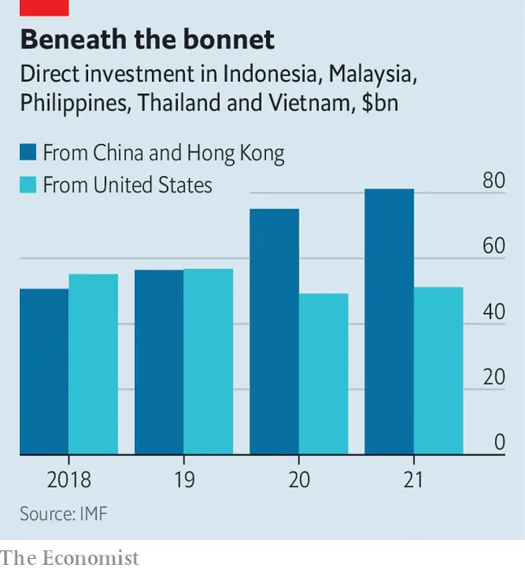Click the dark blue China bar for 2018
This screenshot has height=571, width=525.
point(44,372)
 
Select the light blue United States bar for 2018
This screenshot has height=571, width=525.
point(93,365)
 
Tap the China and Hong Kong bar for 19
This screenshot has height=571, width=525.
point(159,362)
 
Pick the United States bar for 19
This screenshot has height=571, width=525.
point(208,361)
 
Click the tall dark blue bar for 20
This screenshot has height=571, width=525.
point(275,332)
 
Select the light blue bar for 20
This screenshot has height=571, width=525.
point(324,374)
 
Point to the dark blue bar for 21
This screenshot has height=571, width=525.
point(389,322)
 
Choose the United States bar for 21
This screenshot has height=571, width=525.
point(439,371)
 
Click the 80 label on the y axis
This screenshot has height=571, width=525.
point(493,181)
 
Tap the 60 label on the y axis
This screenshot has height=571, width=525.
point(493,247)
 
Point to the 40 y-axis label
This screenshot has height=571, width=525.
point(493,312)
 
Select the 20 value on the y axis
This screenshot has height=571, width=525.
point(493,378)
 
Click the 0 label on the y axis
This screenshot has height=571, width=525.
point(499,442)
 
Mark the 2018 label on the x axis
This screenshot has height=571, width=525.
point(68,480)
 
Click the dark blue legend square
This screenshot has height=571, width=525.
point(28,154)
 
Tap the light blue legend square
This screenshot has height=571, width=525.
point(28,185)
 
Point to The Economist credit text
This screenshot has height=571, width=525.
point(70,558)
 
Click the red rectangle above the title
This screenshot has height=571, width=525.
point(44,8)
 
